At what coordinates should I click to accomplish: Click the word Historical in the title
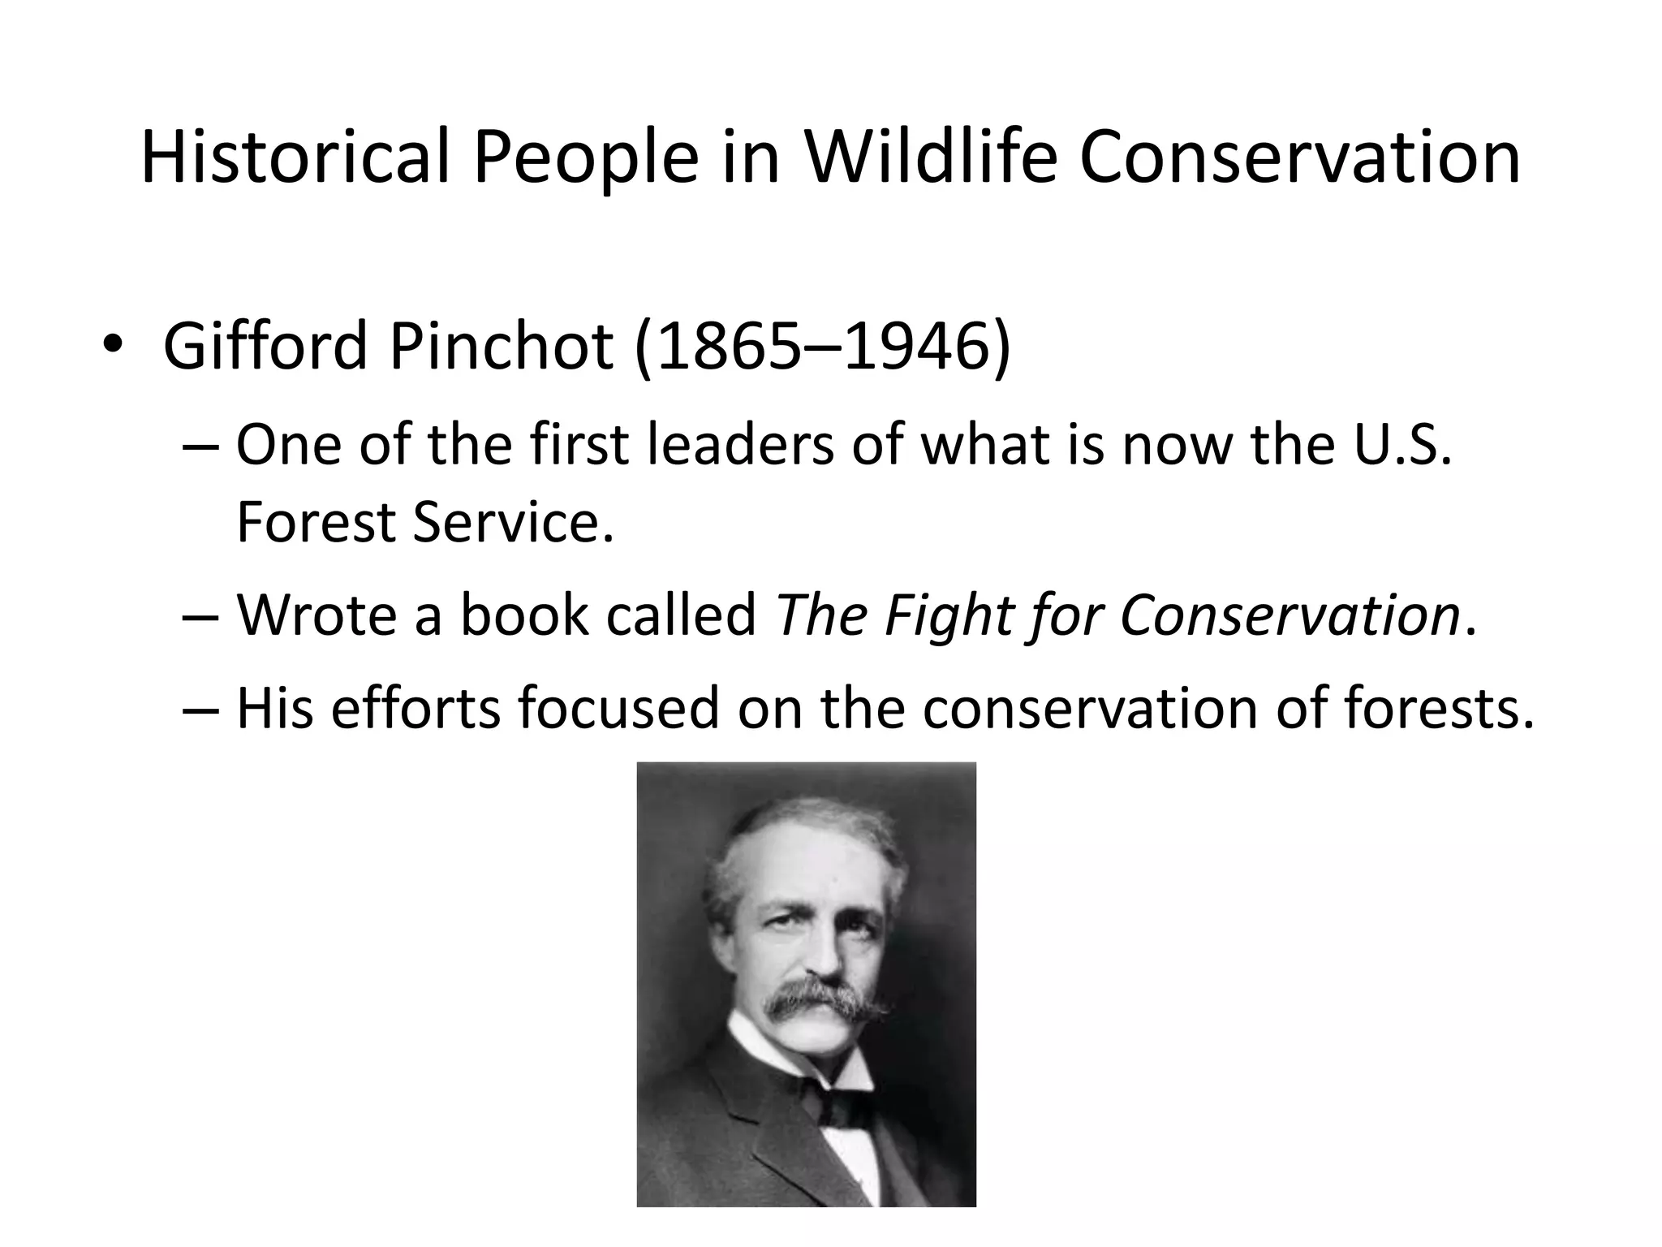295,158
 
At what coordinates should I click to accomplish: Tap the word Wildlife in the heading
930,158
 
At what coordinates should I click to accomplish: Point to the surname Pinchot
500,347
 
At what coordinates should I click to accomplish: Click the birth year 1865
722,347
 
